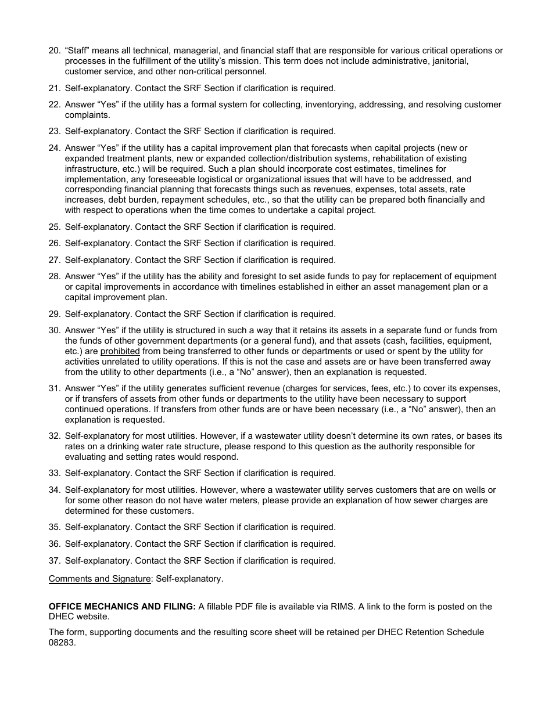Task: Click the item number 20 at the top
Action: tap(54, 51)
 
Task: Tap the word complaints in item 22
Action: tap(86, 115)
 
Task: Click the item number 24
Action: tap(54, 148)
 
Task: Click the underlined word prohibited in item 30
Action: tap(120, 351)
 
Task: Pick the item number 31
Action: tap(54, 388)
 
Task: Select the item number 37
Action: tap(54, 561)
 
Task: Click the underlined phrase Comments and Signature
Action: tap(99, 579)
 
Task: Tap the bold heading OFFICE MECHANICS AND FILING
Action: tap(122, 607)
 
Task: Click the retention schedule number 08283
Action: tap(62, 643)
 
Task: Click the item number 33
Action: tap(54, 473)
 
